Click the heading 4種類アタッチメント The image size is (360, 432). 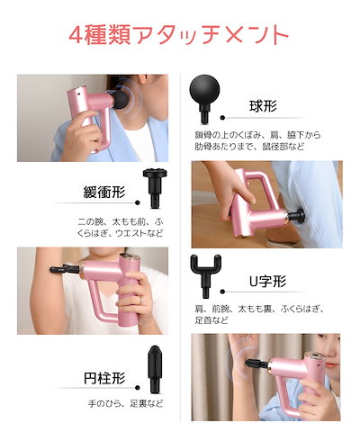pos(180,33)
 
